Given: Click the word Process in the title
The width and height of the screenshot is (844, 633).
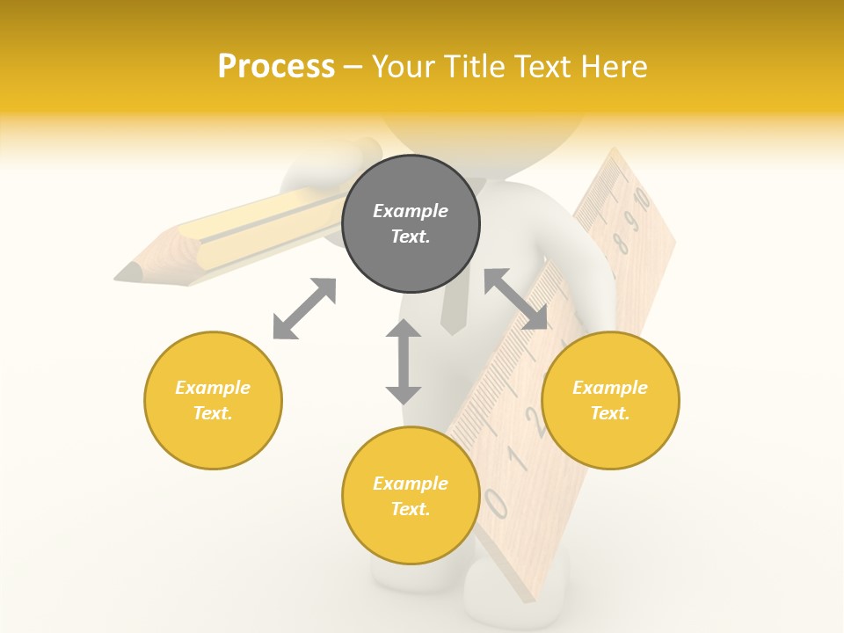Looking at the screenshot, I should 276,67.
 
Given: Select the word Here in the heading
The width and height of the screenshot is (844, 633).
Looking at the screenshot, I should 613,67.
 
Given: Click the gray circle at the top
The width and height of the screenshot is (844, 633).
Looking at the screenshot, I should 411,223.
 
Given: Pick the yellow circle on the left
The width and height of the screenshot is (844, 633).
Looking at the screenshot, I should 213,400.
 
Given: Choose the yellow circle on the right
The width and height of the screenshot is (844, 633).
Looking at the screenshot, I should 610,400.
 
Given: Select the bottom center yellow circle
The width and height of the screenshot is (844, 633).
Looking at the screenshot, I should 411,496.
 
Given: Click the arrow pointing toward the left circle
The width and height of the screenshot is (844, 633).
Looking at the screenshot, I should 304,309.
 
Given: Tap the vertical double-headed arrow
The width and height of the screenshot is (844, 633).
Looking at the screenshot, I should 404,361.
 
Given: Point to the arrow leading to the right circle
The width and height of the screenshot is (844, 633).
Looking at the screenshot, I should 515,300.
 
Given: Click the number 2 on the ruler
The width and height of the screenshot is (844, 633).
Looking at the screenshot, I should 534,420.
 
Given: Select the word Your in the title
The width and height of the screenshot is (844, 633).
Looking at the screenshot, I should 401,67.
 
